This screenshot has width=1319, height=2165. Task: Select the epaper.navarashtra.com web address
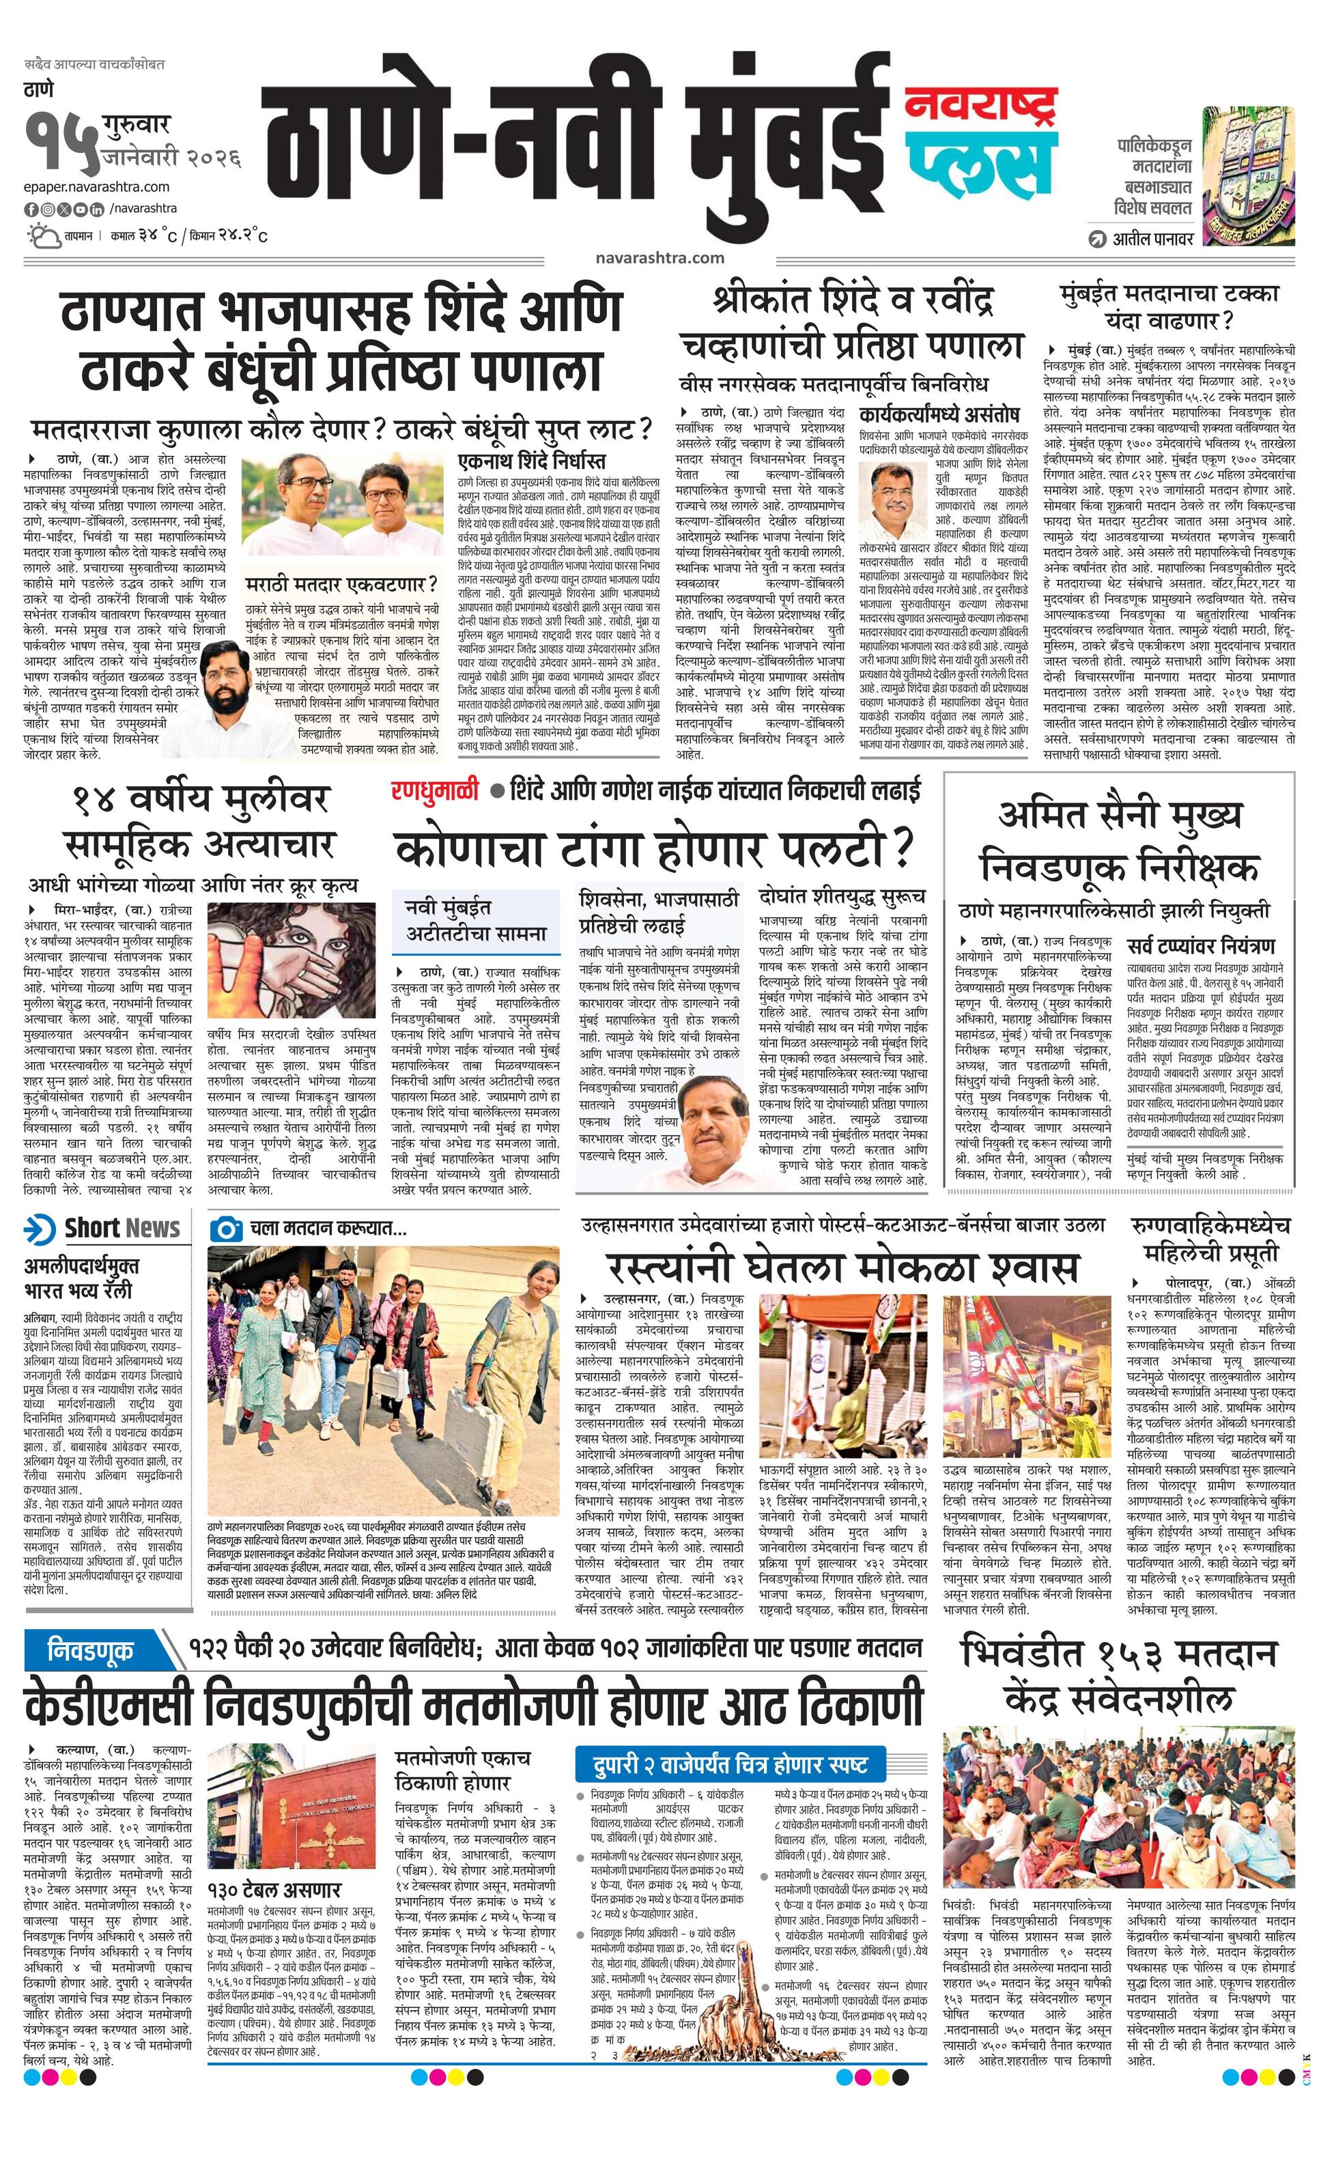[x=98, y=186]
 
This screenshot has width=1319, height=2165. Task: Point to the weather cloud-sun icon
[x=42, y=236]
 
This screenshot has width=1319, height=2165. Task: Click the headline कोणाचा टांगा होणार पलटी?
[x=655, y=849]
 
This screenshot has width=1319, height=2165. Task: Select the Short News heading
[x=122, y=1229]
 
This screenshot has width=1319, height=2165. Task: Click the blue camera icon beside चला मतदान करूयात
[x=227, y=1229]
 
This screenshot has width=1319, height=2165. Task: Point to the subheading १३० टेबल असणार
[x=274, y=1890]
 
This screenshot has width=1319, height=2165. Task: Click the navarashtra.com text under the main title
[x=659, y=257]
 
